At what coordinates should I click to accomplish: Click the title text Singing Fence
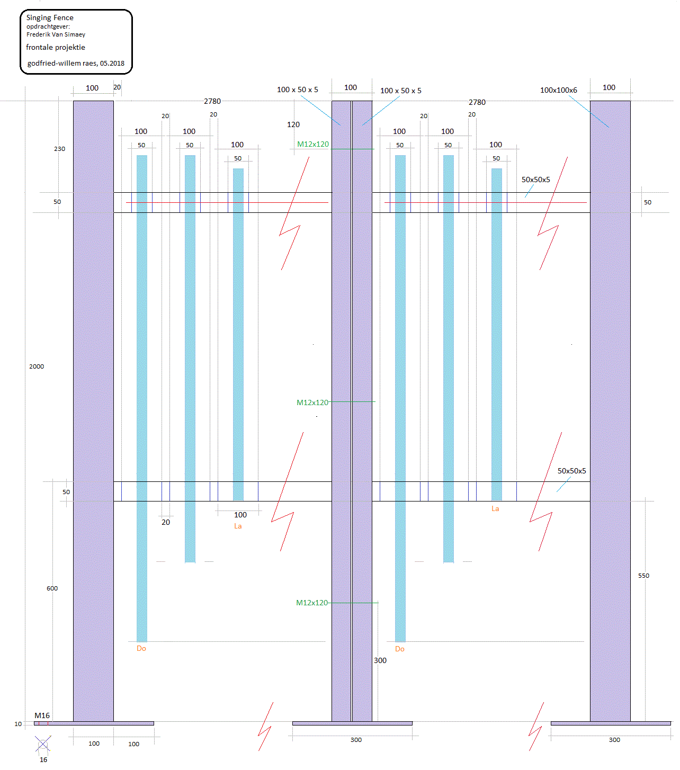[50, 17]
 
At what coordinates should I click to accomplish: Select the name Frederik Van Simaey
[56, 34]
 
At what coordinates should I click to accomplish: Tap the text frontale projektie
[56, 47]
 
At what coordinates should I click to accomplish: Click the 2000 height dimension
[37, 366]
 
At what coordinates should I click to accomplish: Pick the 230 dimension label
[59, 149]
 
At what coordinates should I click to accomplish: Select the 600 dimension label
[52, 588]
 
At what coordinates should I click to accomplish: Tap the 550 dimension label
[643, 576]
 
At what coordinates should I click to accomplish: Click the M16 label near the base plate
[42, 715]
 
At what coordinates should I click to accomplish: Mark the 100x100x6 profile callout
[558, 90]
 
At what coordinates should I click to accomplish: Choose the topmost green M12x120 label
[312, 144]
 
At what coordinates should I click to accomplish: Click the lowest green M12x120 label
[311, 603]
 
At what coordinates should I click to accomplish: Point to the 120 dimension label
[293, 124]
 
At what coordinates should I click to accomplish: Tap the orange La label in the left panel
[238, 526]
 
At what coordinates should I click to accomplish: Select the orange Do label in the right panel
[400, 649]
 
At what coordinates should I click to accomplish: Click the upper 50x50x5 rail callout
[535, 180]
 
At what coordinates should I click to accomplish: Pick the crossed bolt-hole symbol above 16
[43, 744]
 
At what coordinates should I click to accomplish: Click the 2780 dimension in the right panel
[477, 102]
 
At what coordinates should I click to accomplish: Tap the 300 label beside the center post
[380, 660]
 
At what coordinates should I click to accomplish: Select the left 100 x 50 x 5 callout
[297, 89]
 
